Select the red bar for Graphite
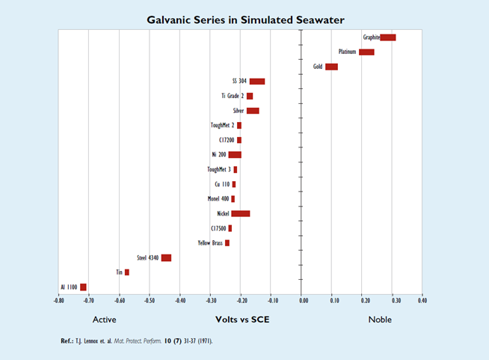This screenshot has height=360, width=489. point(388,37)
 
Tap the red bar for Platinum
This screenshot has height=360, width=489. point(366,52)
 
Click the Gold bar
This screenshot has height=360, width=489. point(331,67)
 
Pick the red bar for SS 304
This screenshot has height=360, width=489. point(256,82)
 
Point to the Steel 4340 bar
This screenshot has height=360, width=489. point(166,257)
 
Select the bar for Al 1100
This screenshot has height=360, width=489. point(83,287)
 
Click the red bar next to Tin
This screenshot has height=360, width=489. point(127,272)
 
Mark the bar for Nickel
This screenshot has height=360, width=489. point(240,214)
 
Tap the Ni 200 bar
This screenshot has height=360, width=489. point(235,155)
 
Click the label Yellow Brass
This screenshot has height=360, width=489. point(210,243)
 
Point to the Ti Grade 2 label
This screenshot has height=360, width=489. point(232,96)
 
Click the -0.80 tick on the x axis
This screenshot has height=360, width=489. point(59,302)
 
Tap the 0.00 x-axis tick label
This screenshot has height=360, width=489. point(303,302)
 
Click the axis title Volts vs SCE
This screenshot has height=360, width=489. point(243,320)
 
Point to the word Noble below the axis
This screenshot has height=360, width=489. point(379,320)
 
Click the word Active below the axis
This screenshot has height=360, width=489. point(104,320)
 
